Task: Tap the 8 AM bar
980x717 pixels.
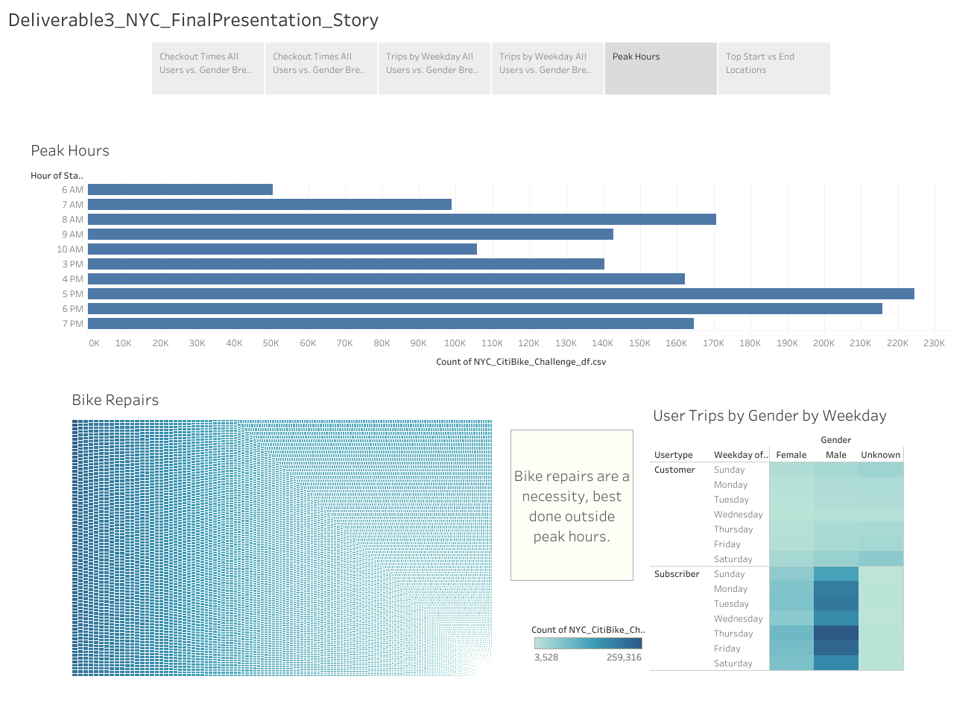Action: pyautogui.click(x=402, y=220)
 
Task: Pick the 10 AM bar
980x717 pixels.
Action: pyautogui.click(x=282, y=249)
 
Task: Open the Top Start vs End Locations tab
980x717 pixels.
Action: pyautogui.click(x=774, y=68)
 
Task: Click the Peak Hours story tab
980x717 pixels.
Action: pyautogui.click(x=660, y=68)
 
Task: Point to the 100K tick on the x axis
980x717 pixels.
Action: pyautogui.click(x=455, y=343)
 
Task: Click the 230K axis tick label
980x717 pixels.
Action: pyautogui.click(x=934, y=343)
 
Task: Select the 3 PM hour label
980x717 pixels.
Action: pyautogui.click(x=73, y=264)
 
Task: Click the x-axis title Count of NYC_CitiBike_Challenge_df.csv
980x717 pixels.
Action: pyautogui.click(x=521, y=362)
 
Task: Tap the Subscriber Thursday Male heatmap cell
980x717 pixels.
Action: pyautogui.click(x=836, y=634)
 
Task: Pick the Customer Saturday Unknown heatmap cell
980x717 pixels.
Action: pyautogui.click(x=881, y=559)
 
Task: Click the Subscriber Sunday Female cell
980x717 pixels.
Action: pyautogui.click(x=791, y=574)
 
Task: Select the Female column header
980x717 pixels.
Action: pyautogui.click(x=791, y=455)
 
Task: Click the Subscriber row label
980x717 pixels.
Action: pyautogui.click(x=677, y=574)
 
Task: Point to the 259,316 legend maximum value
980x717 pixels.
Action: pyautogui.click(x=624, y=657)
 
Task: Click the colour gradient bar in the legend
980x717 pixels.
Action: pyautogui.click(x=588, y=643)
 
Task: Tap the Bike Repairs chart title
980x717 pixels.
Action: pyautogui.click(x=116, y=401)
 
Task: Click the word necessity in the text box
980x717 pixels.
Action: pyautogui.click(x=554, y=497)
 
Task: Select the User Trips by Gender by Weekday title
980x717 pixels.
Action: pyautogui.click(x=770, y=416)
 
